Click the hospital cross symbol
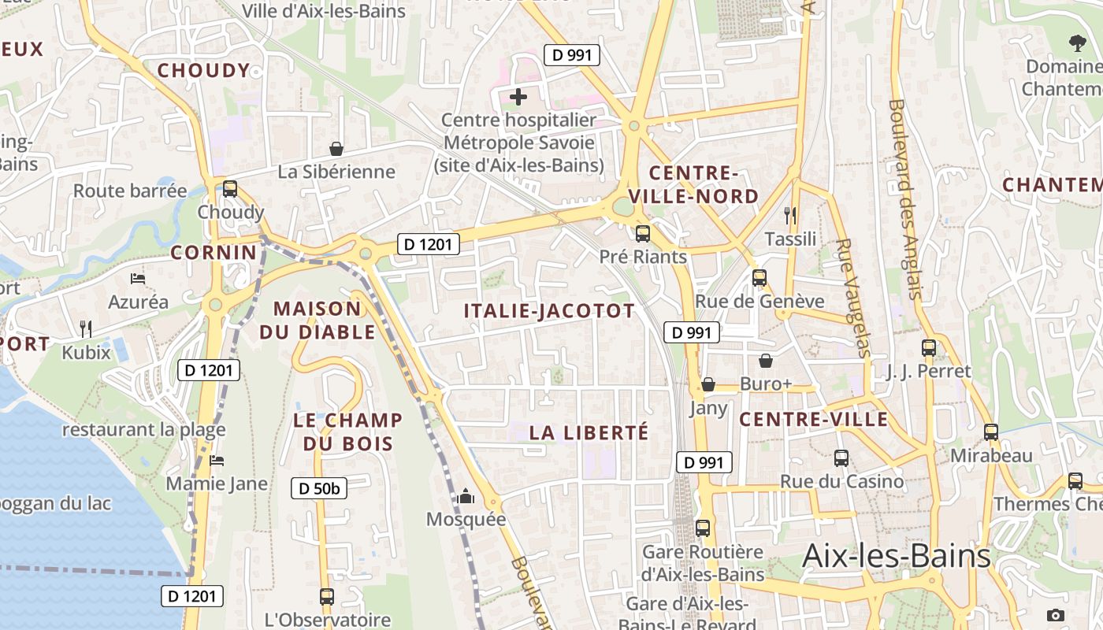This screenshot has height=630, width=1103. pos(518,98)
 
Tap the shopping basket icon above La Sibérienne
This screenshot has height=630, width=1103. pos(336,149)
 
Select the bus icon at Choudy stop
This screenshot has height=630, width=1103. pos(230,189)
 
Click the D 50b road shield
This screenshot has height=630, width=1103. pos(319,488)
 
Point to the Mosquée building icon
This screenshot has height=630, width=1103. pos(466,496)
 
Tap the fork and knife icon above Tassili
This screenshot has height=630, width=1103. pos(790,216)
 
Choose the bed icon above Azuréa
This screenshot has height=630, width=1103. pos(138,279)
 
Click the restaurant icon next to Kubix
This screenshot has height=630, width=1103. pos(86,328)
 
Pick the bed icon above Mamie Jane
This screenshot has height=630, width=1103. pos(217,460)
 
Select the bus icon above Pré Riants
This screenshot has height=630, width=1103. pos(643,234)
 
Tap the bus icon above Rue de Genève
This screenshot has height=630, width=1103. pos(759,278)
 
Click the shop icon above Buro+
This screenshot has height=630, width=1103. pos(765,361)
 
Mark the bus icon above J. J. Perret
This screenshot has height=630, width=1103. pos(929,347)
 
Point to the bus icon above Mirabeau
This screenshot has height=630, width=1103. pos(991,432)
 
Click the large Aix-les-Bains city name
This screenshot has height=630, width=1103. pos(896,556)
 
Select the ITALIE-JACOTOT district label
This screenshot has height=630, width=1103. pos(549,311)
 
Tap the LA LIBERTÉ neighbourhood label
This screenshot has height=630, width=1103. pos(589,432)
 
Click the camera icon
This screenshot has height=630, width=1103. pos(1056,615)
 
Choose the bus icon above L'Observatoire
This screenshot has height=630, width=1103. pos(327,596)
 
